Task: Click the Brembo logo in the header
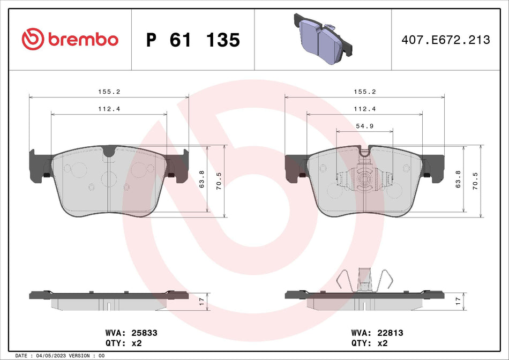point(70,39)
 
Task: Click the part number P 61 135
point(193,40)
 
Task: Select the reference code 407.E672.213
point(446,40)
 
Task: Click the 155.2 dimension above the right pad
point(365,92)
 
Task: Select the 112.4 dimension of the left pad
point(109,109)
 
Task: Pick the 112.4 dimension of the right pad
point(365,109)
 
